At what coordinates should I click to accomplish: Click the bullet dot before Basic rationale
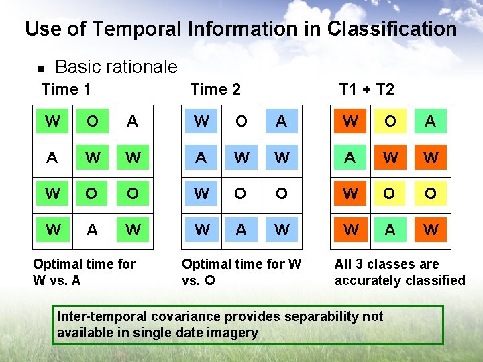[x=40, y=69]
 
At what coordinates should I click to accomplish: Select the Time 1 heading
[x=66, y=89]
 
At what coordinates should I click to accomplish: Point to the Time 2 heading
[x=215, y=89]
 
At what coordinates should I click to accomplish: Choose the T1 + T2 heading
[x=366, y=89]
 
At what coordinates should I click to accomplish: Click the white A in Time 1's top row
[x=133, y=121]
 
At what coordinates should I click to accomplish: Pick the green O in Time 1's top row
[x=93, y=121]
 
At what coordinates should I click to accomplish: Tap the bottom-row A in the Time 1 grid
[x=93, y=230]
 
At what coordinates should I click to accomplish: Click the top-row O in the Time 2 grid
[x=241, y=121]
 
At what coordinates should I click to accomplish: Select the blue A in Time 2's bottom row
[x=241, y=230]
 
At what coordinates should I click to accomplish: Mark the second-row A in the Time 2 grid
[x=201, y=158]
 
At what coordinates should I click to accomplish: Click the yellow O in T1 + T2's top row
[x=390, y=121]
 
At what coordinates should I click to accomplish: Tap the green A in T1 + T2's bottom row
[x=390, y=230]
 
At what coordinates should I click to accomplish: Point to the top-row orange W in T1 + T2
[x=350, y=121]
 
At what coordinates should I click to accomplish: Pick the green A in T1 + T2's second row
[x=350, y=158]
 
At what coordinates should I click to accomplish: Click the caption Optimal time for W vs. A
[x=85, y=271]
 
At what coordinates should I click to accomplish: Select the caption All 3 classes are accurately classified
[x=400, y=271]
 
